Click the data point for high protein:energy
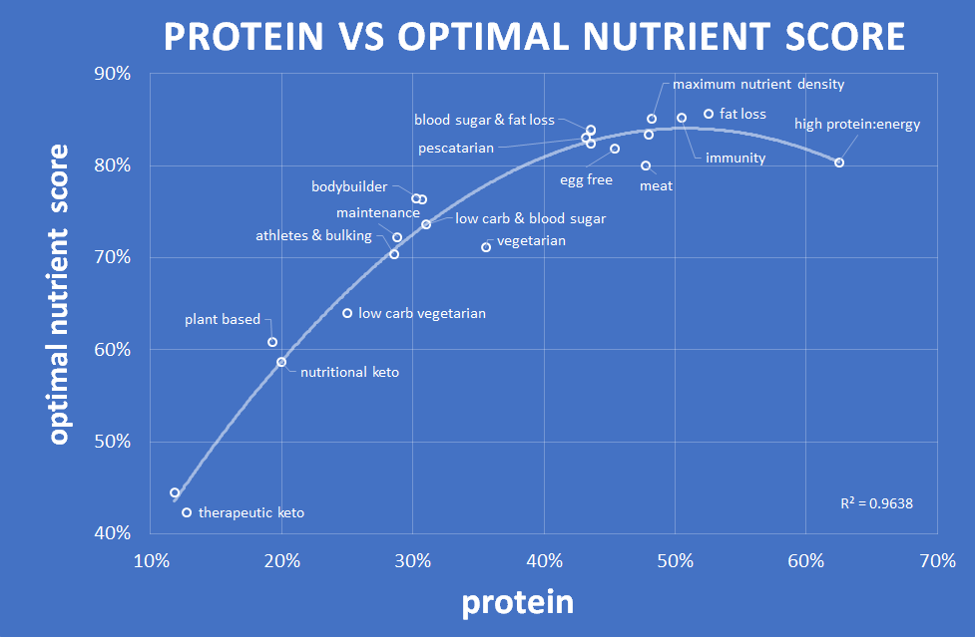839,162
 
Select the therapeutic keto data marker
187,512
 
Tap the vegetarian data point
486,247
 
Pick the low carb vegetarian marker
347,313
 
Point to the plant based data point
272,342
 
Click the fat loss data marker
709,114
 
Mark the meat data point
646,165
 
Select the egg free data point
615,149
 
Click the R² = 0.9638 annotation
876,503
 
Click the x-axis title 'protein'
517,603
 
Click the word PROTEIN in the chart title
244,37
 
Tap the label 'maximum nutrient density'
758,85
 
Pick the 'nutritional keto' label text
349,372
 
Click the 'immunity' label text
735,158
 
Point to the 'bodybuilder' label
349,186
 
